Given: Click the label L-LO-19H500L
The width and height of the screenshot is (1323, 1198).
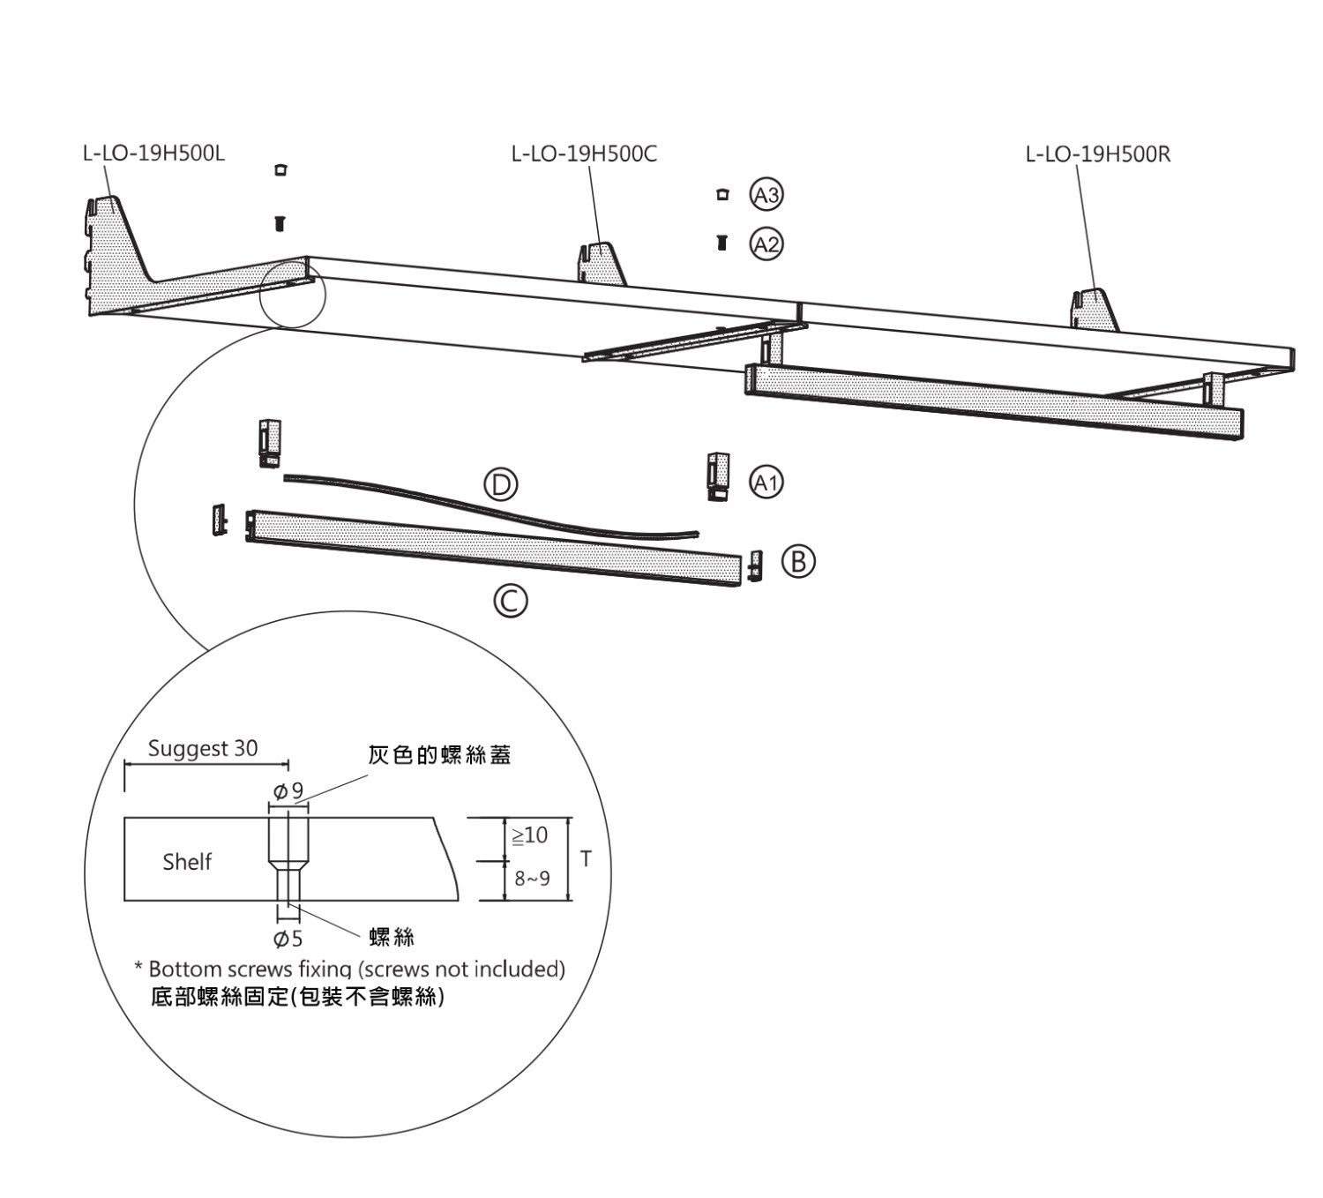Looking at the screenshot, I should pos(153,153).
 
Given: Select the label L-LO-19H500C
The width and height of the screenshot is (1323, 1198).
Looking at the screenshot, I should pos(584,154).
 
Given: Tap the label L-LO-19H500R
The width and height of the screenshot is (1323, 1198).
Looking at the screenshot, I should pos(1097,154).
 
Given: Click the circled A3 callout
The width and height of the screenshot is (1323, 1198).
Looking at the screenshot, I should pos(766,195).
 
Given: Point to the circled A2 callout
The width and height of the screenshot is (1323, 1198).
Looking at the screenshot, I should pos(766,243).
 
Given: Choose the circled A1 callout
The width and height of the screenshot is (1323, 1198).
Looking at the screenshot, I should pos(766,482).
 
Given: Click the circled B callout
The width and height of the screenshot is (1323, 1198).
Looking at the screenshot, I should pos(798,561).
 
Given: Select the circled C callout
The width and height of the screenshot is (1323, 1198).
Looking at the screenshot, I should pos(510,602).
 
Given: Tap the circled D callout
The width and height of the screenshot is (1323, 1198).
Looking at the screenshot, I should pos(500,484).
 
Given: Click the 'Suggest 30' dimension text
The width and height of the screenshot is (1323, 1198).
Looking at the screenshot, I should pos(203,749).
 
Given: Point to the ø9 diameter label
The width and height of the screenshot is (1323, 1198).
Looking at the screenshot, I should pos(288,791).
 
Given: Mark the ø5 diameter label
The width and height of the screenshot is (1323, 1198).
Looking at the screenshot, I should pos(288,938).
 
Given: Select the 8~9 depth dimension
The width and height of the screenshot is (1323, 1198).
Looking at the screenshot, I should pos(532,879).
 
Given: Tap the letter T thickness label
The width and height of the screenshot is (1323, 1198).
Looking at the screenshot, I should pos(587,858).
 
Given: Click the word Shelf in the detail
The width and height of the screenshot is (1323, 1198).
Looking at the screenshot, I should pos(187,862).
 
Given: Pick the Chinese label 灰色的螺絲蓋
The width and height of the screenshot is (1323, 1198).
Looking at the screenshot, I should pos(439,755).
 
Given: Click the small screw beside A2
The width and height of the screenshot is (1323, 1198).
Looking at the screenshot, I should pos(721,243).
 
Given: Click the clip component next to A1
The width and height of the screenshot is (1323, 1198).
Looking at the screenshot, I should pos(719,476).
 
